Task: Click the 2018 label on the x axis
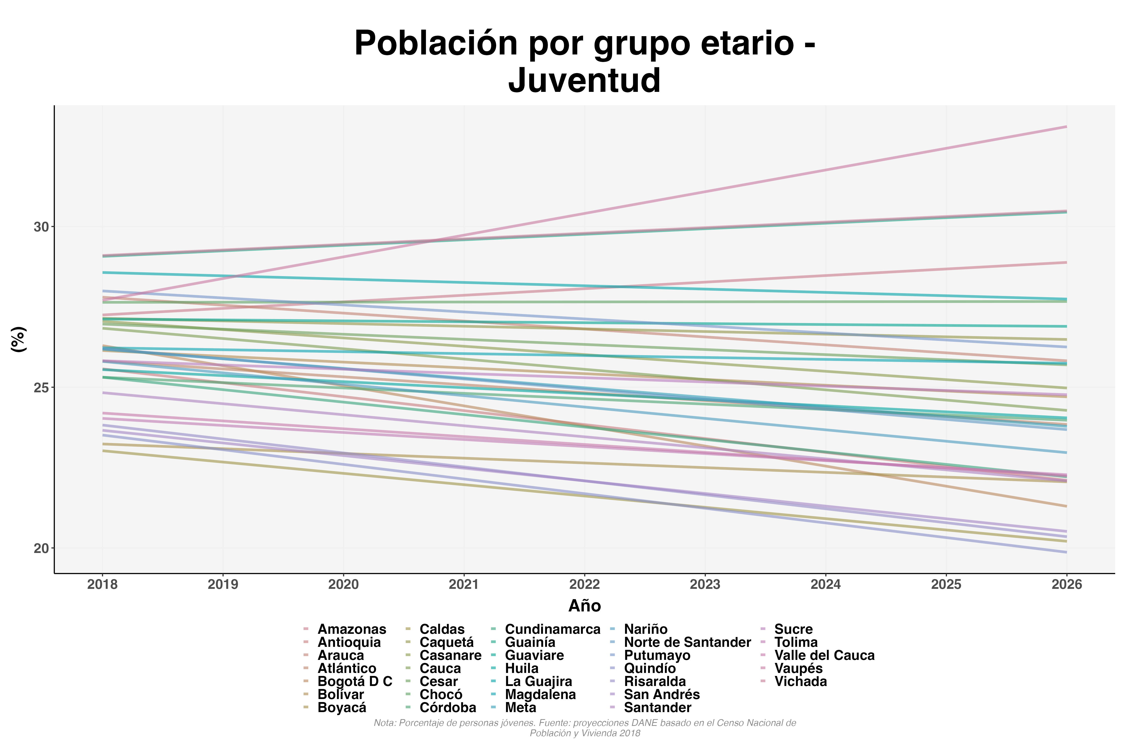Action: [x=102, y=584]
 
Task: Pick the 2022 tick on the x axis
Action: [x=584, y=584]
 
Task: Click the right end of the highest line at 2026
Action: [x=1066, y=127]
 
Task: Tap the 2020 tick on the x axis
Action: [x=344, y=584]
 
